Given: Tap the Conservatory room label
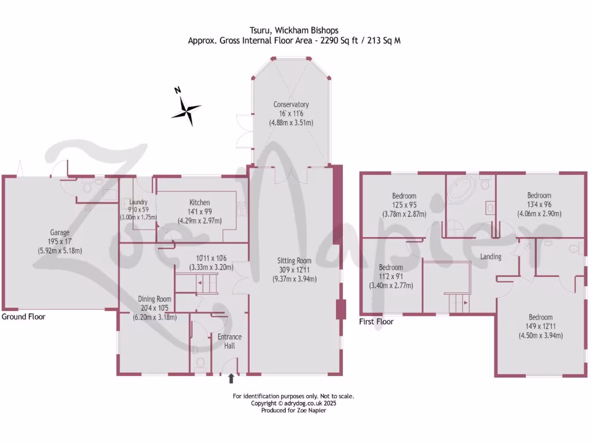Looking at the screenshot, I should (291, 104).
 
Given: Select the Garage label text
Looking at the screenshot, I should (59, 232).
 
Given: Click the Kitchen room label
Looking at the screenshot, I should (200, 202).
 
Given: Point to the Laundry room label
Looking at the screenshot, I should (139, 202).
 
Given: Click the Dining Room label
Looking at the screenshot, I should (155, 299).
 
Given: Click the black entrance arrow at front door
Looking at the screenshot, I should (231, 378).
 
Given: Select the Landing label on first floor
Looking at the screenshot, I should (491, 257).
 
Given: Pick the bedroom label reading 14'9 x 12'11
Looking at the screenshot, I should (541, 317).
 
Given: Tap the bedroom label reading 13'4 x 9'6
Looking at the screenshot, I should (539, 196).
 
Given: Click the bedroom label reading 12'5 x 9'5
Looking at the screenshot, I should (404, 196).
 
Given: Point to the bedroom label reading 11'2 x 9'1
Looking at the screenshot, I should (391, 268).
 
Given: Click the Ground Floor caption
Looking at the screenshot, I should (23, 317).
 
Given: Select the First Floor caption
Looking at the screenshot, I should (376, 321).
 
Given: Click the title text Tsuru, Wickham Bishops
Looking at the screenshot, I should (293, 31).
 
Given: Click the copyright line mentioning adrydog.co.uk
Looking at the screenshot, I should (293, 403).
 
